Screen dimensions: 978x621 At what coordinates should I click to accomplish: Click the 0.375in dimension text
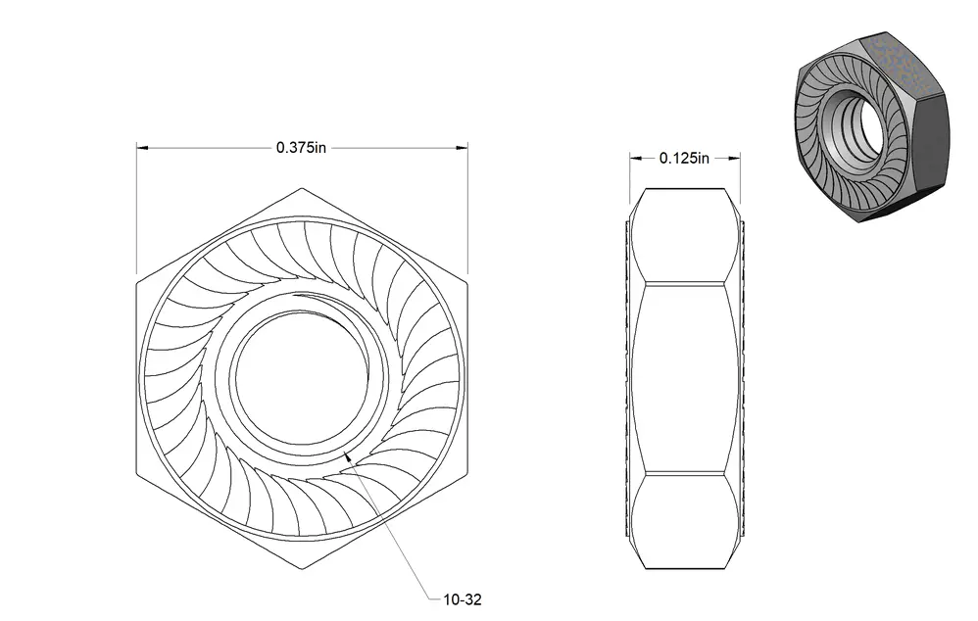[301, 148]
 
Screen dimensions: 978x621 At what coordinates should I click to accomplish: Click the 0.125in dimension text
[684, 159]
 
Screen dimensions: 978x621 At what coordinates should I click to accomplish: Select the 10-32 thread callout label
[463, 599]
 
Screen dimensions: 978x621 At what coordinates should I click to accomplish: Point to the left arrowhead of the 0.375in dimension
[142, 148]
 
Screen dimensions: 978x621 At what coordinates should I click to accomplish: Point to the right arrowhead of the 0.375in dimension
[462, 148]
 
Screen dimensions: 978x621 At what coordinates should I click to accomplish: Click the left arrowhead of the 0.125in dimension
[636, 159]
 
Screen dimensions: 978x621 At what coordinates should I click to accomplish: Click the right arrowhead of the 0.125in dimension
[734, 159]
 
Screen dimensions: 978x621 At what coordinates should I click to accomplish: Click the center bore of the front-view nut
[301, 378]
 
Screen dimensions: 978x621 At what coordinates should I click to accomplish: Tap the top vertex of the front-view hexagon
[302, 188]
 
